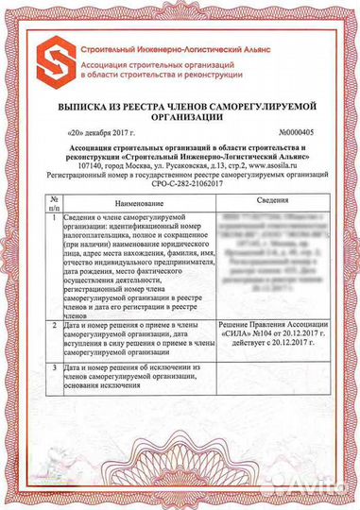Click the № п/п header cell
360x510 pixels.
[55, 203]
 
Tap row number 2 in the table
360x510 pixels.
[55, 324]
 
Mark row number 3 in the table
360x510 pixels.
[55, 366]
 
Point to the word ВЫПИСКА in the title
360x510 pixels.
[88, 108]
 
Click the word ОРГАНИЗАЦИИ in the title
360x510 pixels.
[180, 119]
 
